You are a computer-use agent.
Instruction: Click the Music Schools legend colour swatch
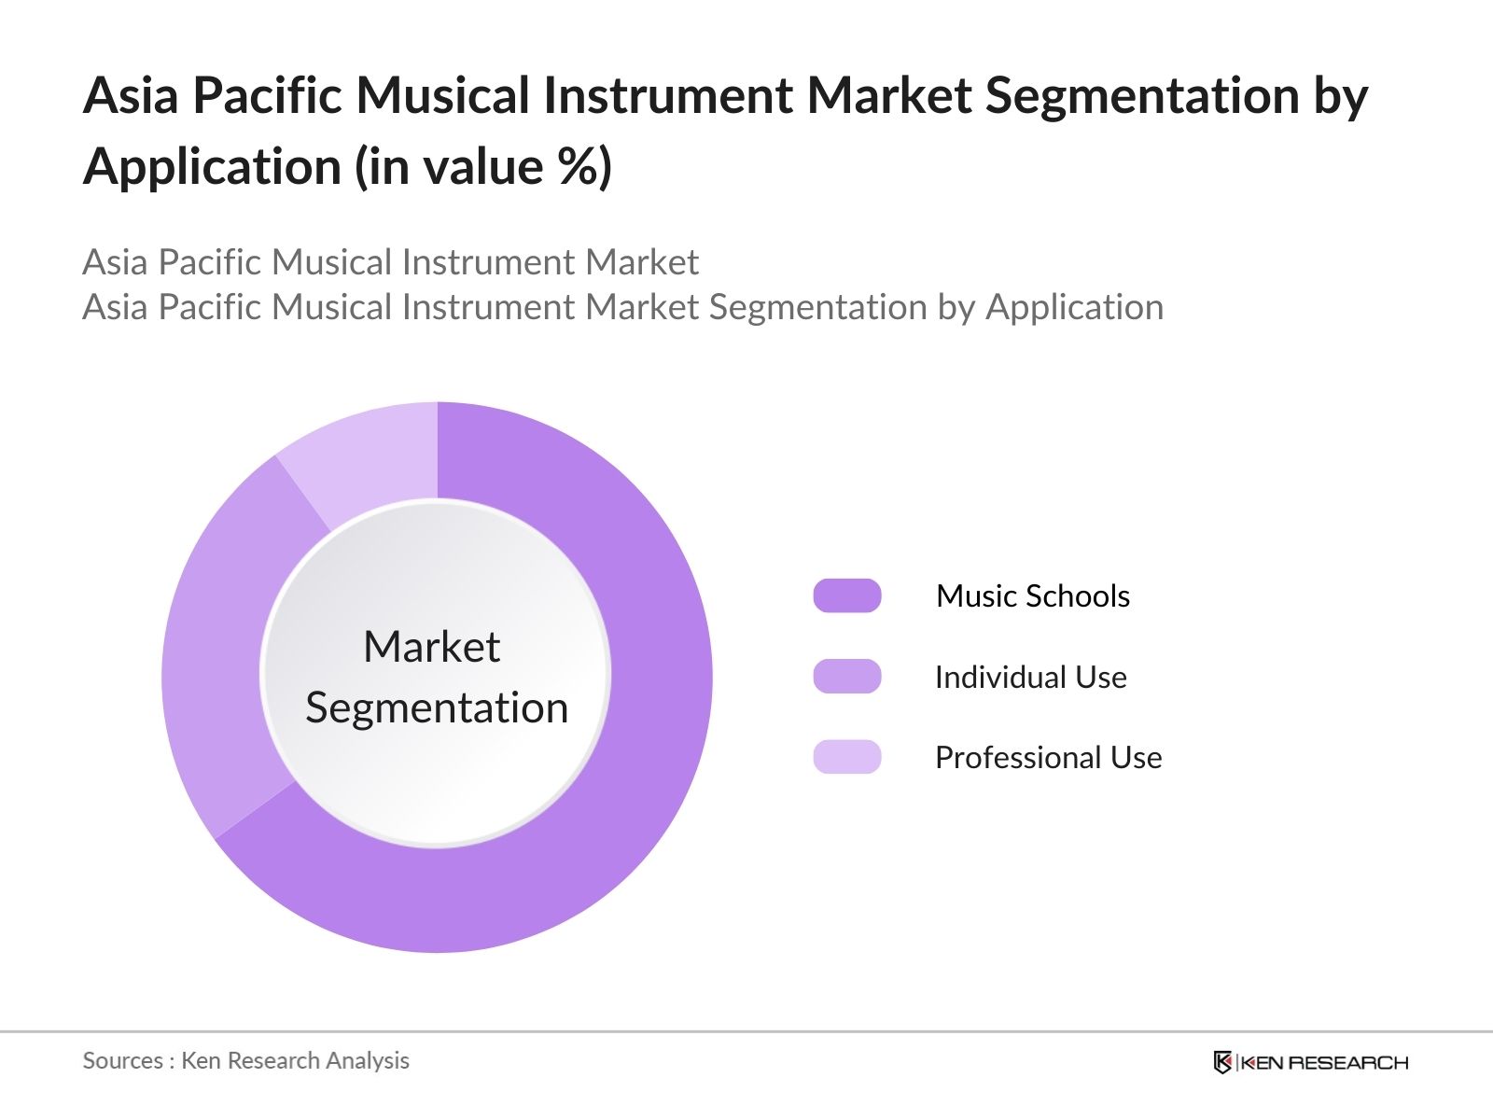click(x=846, y=595)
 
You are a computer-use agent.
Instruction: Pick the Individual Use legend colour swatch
click(x=846, y=677)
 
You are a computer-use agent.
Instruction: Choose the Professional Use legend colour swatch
click(x=846, y=757)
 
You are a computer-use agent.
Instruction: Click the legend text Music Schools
click(x=1032, y=595)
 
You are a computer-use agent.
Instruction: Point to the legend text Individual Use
click(x=1030, y=677)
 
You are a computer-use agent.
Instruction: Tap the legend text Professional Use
click(x=1048, y=757)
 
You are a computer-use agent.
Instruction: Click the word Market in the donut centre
click(x=431, y=647)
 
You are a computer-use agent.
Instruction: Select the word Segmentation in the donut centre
click(x=437, y=707)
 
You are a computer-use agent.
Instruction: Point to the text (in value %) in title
click(x=482, y=167)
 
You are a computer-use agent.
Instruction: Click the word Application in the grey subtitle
click(x=1074, y=307)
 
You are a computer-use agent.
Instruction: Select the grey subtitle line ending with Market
click(x=390, y=262)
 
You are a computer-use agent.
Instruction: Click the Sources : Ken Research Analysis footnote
click(x=245, y=1060)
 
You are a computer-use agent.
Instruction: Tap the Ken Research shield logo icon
click(x=1222, y=1062)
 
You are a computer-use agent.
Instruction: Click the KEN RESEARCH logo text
click(x=1323, y=1062)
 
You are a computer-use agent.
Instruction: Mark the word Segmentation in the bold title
click(x=1142, y=95)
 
